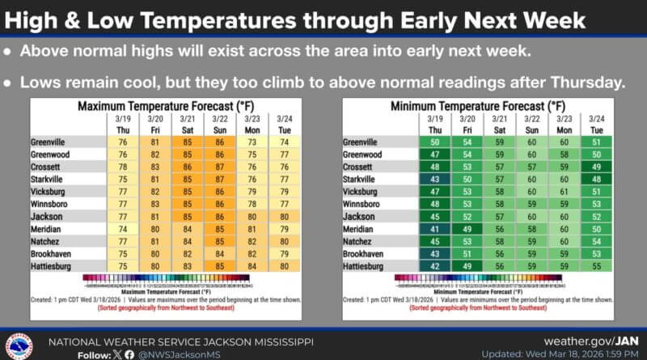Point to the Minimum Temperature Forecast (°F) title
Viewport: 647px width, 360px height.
(x=477, y=106)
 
